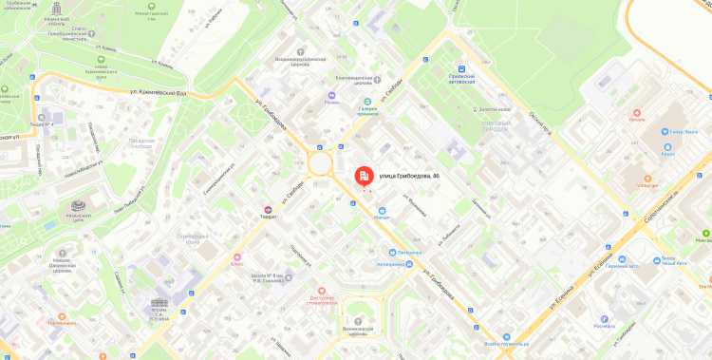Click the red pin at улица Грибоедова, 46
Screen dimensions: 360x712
[x=363, y=177]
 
